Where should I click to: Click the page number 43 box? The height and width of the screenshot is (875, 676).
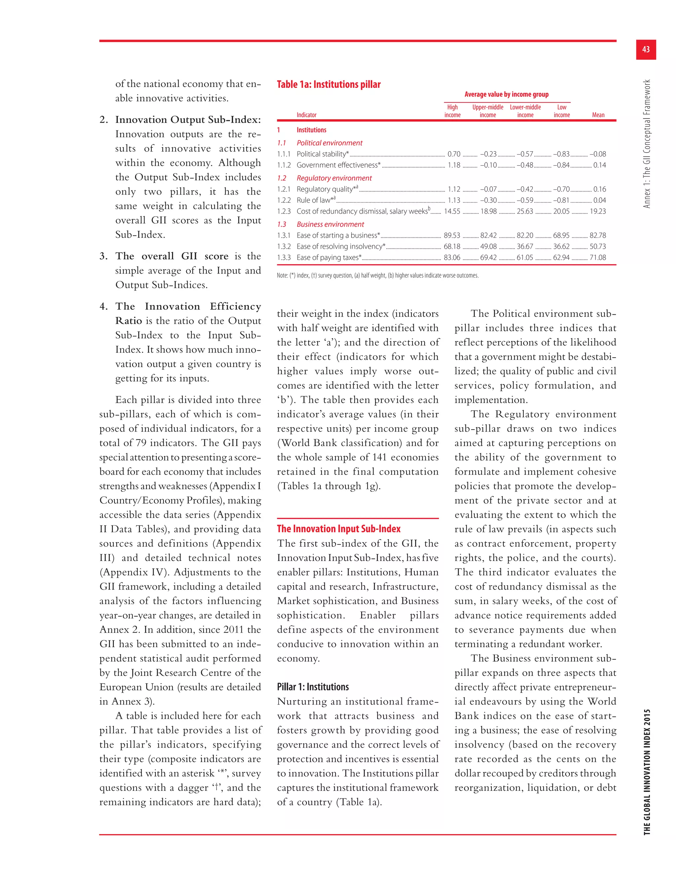[x=646, y=50]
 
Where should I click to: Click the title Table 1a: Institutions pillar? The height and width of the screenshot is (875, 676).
[x=328, y=85]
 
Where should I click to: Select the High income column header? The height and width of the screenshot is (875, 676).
[x=452, y=111]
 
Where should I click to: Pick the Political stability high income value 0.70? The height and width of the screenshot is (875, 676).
[x=454, y=154]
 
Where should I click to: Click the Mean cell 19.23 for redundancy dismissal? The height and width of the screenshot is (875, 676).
[x=597, y=211]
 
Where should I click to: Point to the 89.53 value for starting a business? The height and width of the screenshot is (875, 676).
[x=452, y=235]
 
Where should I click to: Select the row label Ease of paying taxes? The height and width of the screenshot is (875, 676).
[x=329, y=258]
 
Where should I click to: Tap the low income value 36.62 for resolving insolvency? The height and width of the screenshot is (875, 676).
[x=561, y=246]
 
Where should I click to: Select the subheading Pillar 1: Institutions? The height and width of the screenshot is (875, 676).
[x=313, y=687]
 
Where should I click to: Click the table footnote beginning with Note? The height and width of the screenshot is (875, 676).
[x=377, y=275]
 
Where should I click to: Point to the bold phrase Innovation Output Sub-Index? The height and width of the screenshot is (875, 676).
[x=188, y=120]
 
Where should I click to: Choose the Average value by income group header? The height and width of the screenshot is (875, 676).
[x=506, y=94]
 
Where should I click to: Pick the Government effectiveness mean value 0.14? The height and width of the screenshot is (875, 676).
[x=599, y=165]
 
